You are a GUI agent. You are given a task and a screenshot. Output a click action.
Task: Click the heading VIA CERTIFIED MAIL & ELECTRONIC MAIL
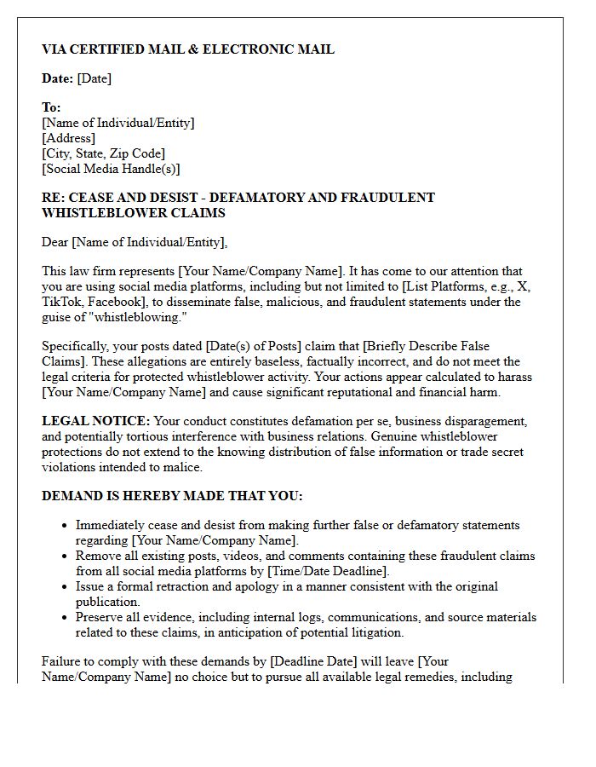[188, 49]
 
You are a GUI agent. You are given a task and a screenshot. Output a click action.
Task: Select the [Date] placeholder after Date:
[94, 78]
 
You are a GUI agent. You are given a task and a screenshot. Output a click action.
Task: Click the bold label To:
[51, 107]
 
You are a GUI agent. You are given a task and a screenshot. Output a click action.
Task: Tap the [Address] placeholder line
[68, 138]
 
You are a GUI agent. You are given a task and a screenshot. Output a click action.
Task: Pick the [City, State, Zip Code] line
[103, 153]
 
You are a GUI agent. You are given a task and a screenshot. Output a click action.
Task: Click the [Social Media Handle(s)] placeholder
[111, 169]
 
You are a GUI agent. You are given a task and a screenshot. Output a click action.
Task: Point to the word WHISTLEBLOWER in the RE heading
[95, 213]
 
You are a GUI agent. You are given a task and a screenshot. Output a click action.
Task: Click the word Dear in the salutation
[55, 242]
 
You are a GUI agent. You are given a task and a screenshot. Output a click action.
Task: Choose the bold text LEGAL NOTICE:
[96, 421]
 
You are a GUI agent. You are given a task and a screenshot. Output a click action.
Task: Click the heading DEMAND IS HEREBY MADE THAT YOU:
[172, 496]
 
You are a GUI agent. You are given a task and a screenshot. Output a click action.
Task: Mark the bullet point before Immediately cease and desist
[65, 526]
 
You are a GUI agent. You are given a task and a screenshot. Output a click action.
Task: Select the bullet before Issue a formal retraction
[65, 587]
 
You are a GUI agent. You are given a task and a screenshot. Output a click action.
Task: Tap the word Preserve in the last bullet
[99, 617]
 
